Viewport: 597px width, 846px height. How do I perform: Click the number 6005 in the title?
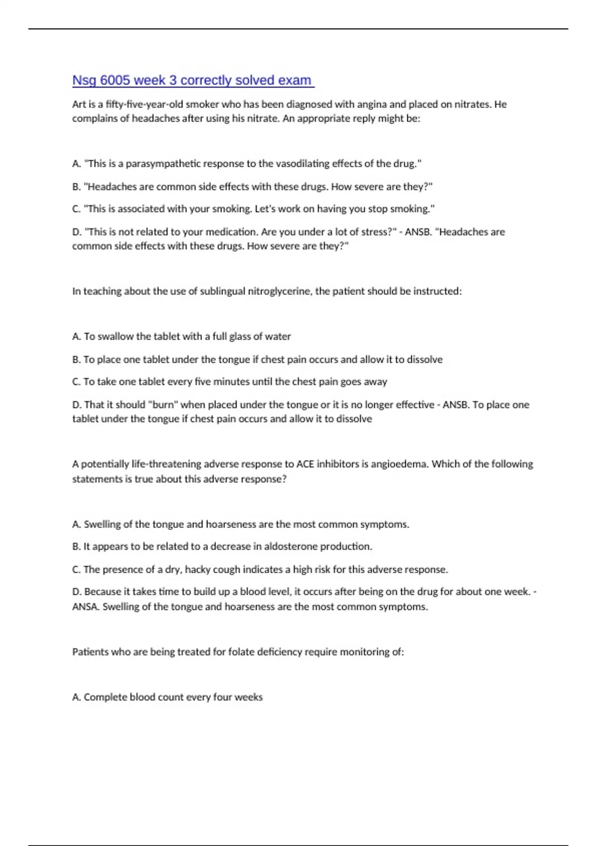coord(115,80)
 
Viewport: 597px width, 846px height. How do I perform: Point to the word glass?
coord(240,336)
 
